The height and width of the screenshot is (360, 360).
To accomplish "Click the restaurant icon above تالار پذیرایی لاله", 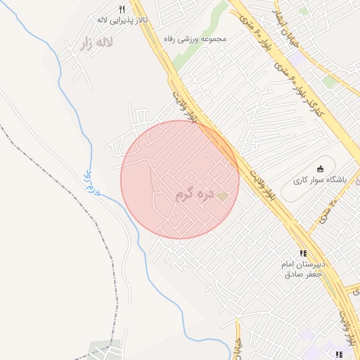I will click(x=121, y=10).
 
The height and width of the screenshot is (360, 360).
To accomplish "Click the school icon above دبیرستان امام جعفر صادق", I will click(x=303, y=253).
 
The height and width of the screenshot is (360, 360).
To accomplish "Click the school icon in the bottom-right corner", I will click(x=339, y=354).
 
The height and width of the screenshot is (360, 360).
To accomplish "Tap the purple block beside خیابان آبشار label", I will click(x=298, y=60).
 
